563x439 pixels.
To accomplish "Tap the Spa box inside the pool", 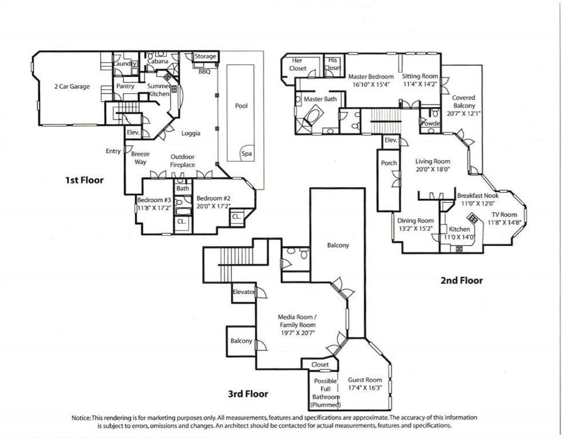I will tap(247, 154).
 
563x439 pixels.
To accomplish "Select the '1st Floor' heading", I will tap(84, 180).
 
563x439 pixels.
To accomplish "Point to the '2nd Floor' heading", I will tap(461, 281).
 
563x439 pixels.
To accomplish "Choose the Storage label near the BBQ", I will tap(205, 57).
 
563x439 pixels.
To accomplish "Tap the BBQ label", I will tap(205, 72).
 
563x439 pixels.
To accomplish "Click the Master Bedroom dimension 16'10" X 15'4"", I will tap(371, 85).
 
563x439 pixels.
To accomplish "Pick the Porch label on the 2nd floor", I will tap(389, 163).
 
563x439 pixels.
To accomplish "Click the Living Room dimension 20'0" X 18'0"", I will tap(433, 169).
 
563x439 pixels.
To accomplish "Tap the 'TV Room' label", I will tap(504, 215).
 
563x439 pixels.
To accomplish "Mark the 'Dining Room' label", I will tap(415, 221).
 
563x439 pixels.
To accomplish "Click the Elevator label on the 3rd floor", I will tap(243, 292).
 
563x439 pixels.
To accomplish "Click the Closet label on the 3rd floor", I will tap(320, 365).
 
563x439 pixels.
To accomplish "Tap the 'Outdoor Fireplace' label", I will tap(183, 161).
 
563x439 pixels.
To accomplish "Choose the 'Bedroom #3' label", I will tap(154, 200).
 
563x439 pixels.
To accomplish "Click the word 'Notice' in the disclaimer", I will tap(81, 418).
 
